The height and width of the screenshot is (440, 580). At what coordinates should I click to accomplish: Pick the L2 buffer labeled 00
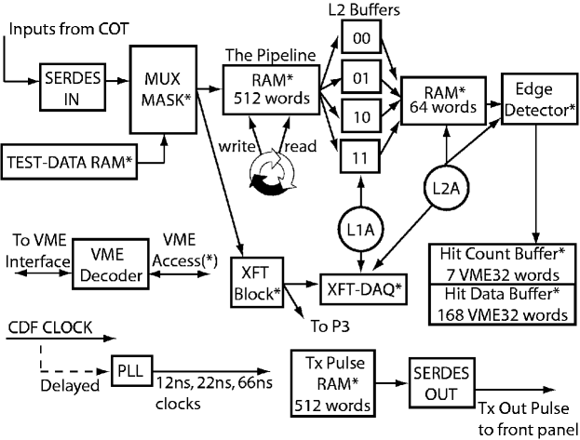pos(359,39)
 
